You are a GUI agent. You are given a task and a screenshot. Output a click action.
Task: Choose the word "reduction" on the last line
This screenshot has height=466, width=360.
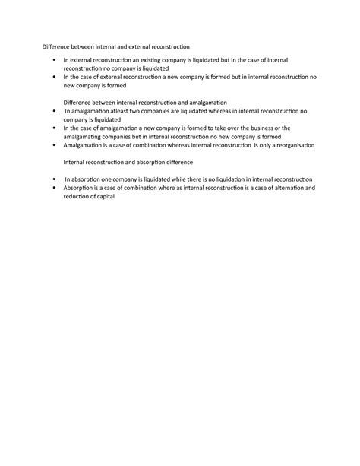click(77, 195)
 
